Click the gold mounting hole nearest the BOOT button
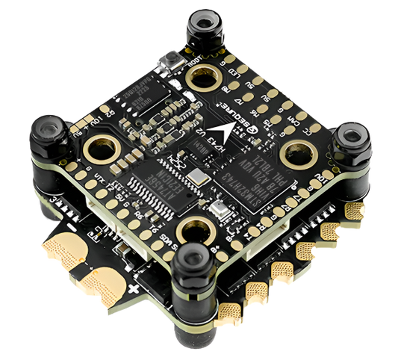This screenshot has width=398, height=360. pyautogui.click(x=204, y=78)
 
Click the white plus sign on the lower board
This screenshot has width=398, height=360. pyautogui.click(x=134, y=288)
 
